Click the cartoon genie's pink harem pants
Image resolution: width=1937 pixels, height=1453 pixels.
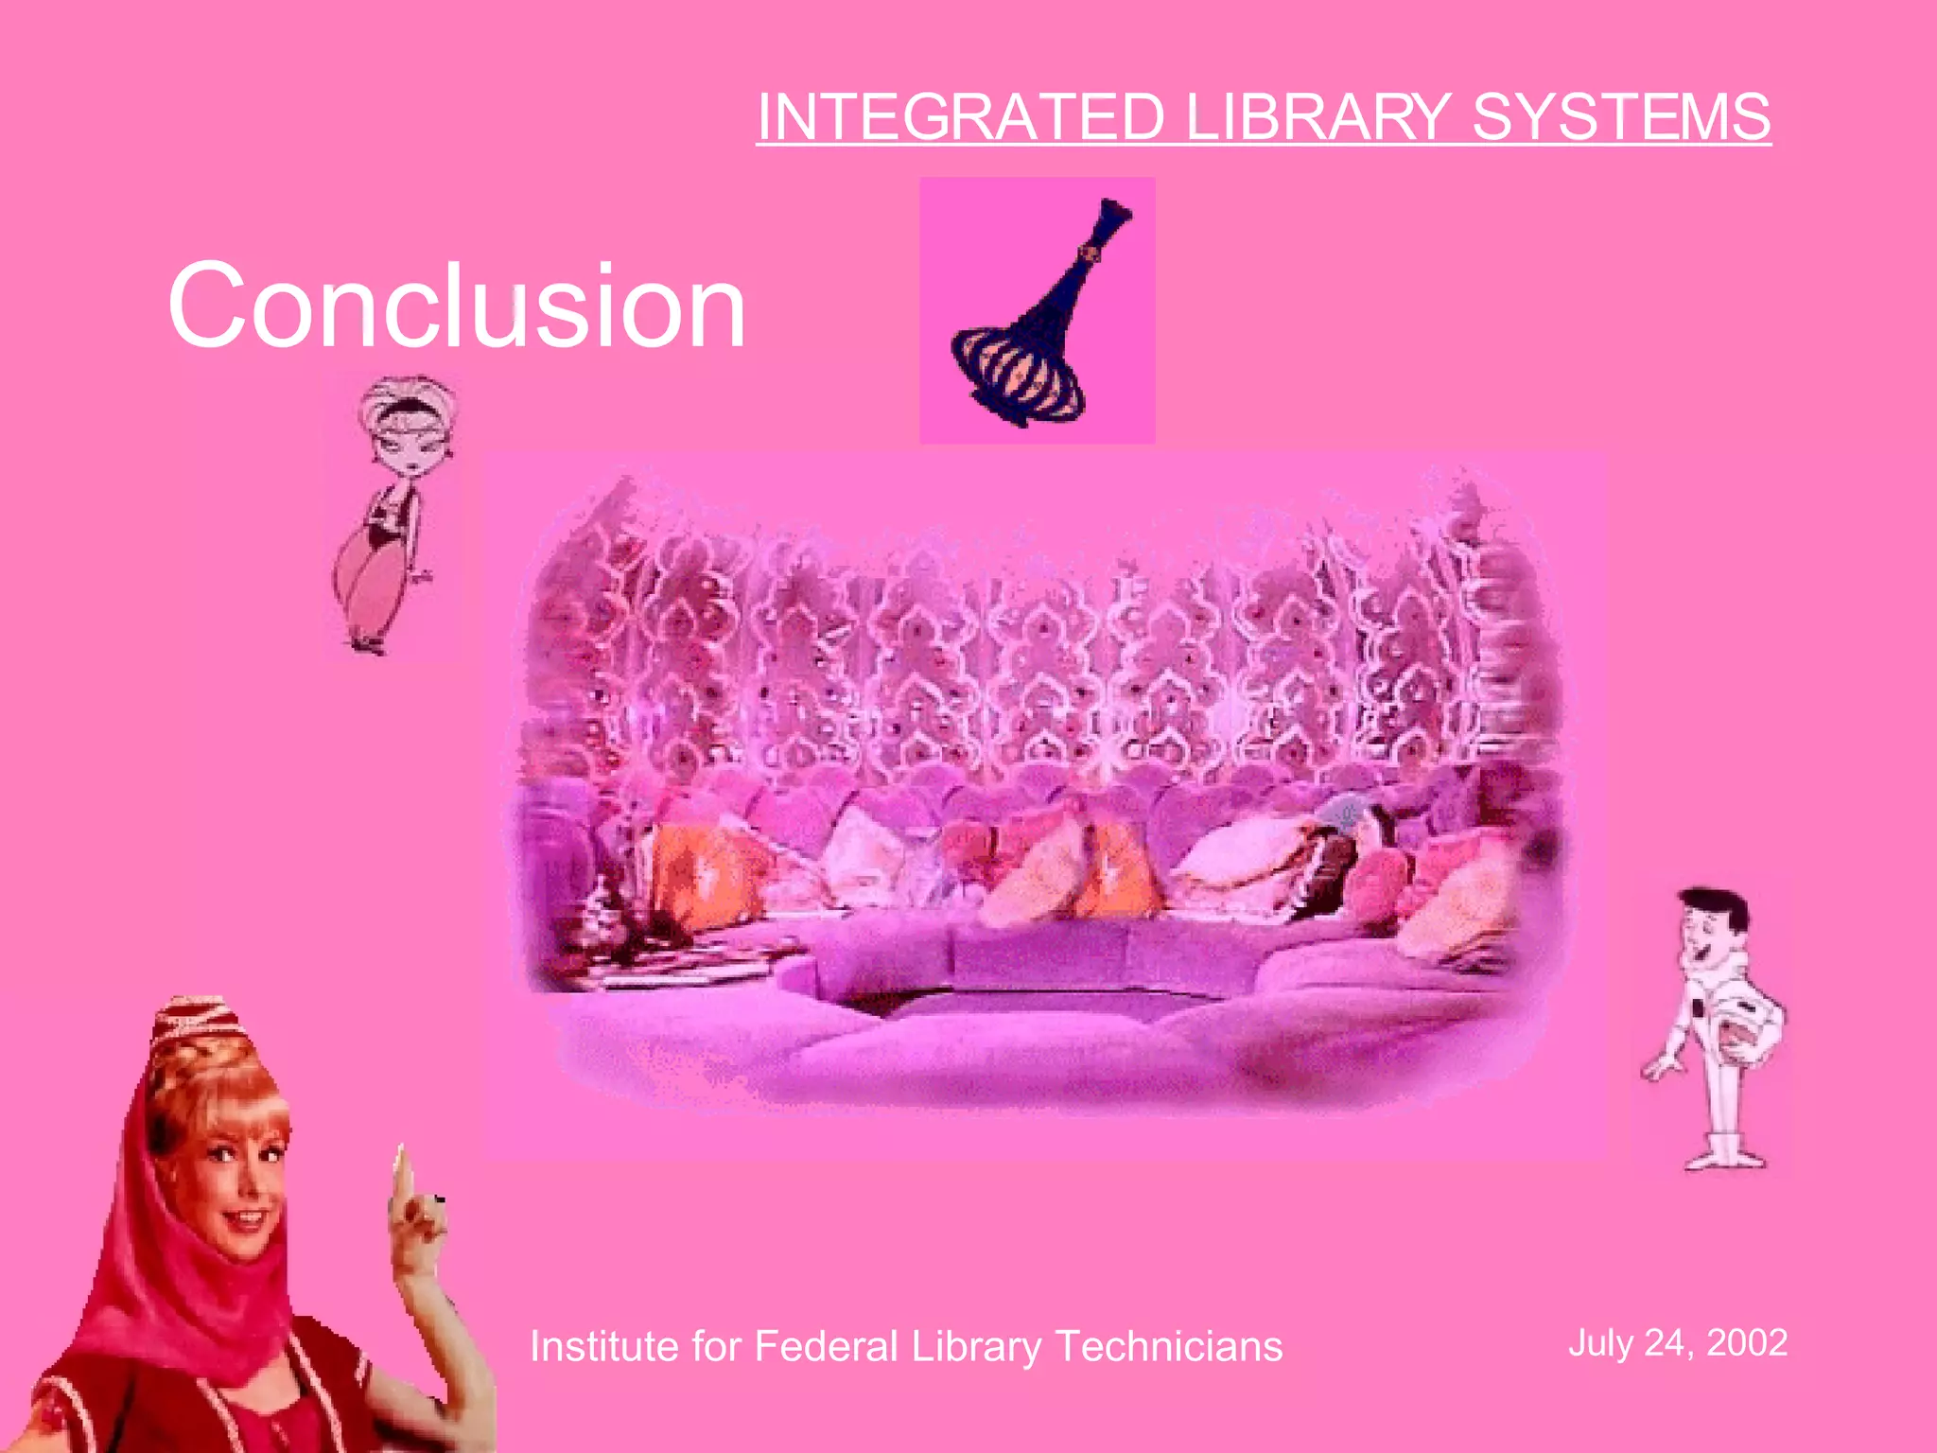pyautogui.click(x=364, y=582)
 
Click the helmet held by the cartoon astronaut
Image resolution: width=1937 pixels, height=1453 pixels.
pyautogui.click(x=1746, y=1036)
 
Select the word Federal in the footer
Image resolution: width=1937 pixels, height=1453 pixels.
pyautogui.click(x=825, y=1346)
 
